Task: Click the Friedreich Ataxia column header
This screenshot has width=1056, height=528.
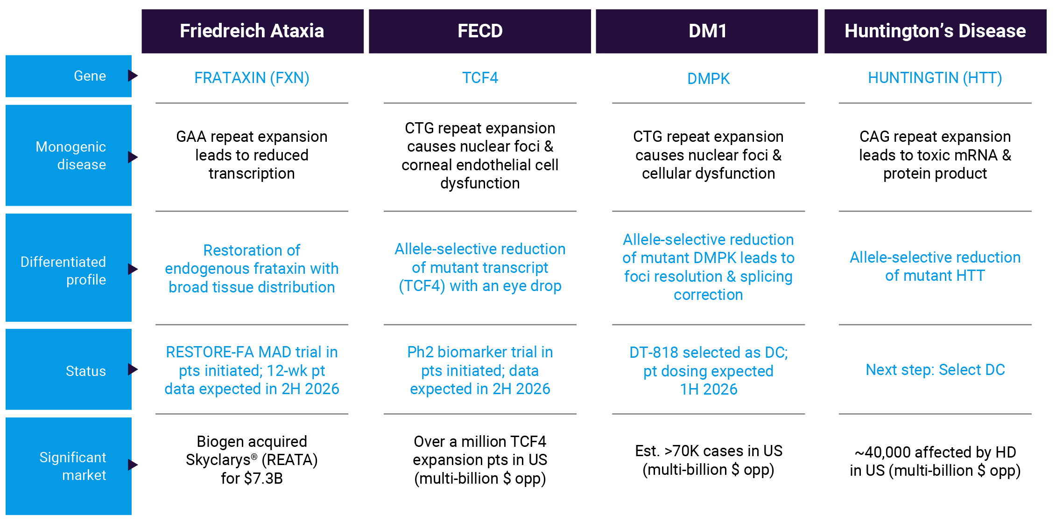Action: [253, 31]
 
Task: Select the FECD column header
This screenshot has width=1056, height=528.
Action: [480, 31]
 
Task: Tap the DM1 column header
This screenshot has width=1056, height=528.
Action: [707, 31]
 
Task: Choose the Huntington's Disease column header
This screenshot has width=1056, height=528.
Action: [935, 31]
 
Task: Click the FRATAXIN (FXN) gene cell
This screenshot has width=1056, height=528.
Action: [252, 78]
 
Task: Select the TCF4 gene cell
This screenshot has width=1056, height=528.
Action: [480, 77]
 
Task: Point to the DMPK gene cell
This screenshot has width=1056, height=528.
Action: [708, 78]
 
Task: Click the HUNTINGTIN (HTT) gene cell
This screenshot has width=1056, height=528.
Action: [935, 78]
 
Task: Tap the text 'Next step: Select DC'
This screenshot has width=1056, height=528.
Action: [935, 370]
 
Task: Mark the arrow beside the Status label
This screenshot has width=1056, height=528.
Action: [133, 369]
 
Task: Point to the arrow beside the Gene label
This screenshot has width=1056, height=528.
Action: [133, 76]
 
